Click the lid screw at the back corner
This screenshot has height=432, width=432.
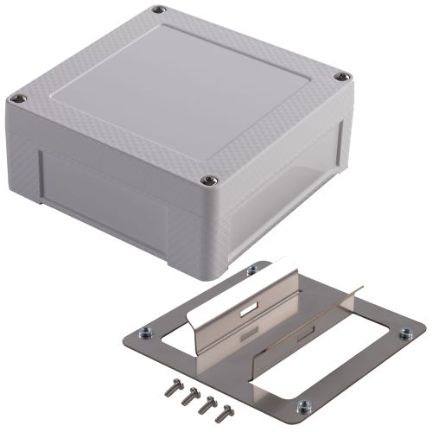159,10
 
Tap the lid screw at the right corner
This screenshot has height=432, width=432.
342,78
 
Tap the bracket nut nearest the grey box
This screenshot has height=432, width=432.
251,271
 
